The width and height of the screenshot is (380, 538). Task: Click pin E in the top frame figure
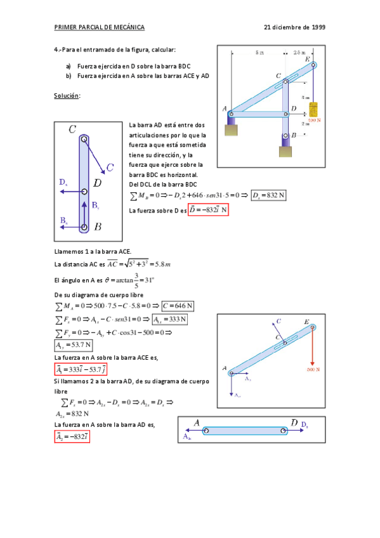pyautogui.click(x=313, y=64)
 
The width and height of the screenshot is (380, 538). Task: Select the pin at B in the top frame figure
pyautogui.click(x=285, y=135)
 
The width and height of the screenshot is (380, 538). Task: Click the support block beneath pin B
pyautogui.click(x=286, y=152)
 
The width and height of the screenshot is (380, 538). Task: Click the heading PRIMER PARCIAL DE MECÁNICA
pyautogui.click(x=100, y=27)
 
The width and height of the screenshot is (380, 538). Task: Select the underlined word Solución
pyautogui.click(x=67, y=95)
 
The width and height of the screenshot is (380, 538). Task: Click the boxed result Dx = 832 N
pyautogui.click(x=268, y=195)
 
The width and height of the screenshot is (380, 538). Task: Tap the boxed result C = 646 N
pyautogui.click(x=178, y=306)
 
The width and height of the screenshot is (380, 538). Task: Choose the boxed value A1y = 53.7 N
pyautogui.click(x=73, y=346)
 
